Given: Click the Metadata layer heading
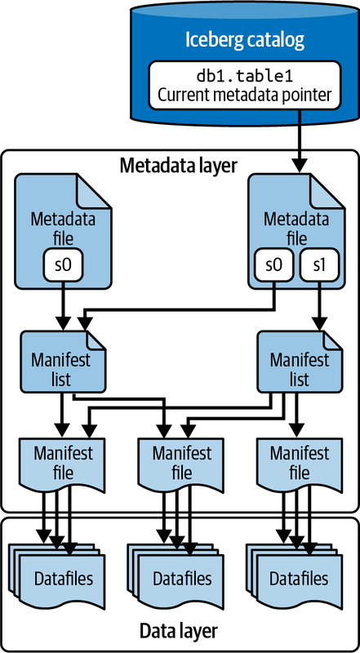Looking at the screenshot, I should (x=179, y=166).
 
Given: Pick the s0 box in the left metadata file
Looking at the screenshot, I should (x=63, y=264).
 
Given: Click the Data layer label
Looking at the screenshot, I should (x=179, y=631).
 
